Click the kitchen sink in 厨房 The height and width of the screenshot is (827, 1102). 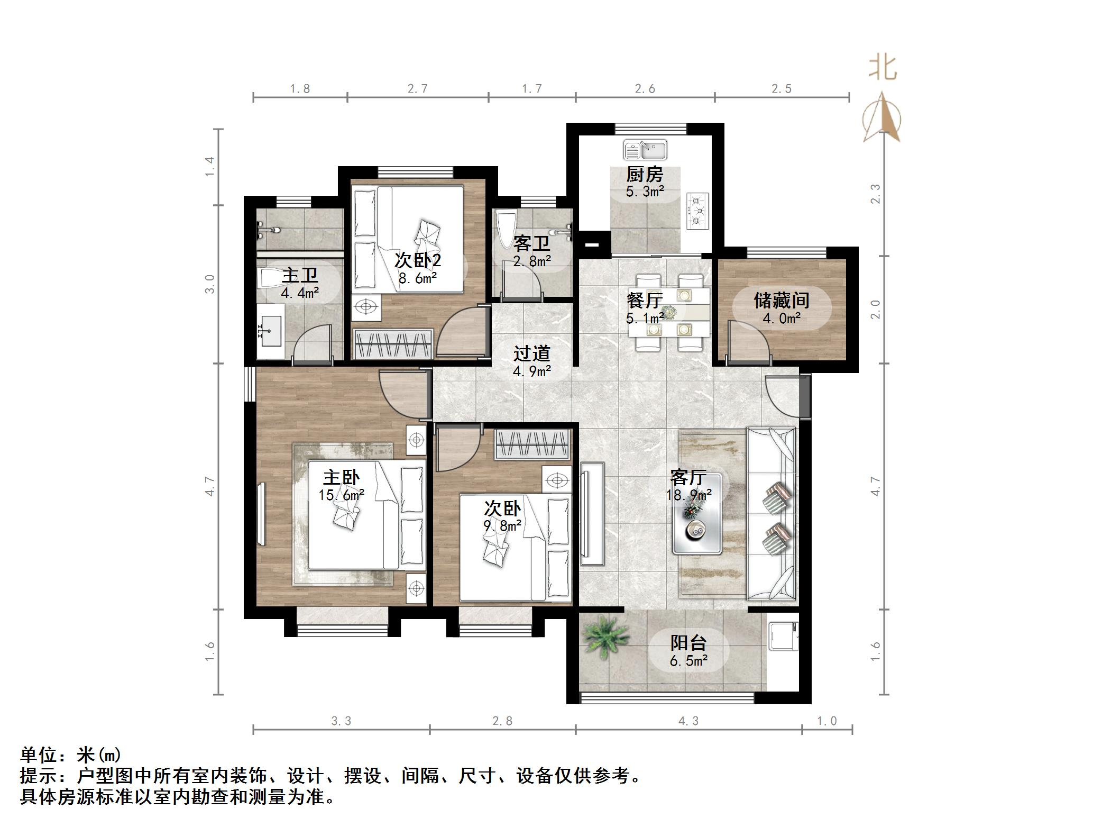click(x=645, y=150)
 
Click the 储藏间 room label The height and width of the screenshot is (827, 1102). click(x=781, y=301)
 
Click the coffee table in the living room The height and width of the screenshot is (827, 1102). click(x=697, y=514)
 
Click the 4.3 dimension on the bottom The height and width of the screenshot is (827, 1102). click(x=688, y=721)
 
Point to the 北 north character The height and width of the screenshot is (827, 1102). click(x=882, y=68)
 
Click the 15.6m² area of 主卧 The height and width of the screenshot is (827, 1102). click(x=341, y=495)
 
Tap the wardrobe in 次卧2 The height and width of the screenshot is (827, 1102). click(x=393, y=344)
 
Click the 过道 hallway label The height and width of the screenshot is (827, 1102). click(x=531, y=353)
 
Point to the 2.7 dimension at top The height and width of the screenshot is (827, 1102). click(x=417, y=89)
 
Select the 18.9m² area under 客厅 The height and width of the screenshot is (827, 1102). click(x=688, y=495)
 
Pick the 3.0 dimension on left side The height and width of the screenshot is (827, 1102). click(x=210, y=284)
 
